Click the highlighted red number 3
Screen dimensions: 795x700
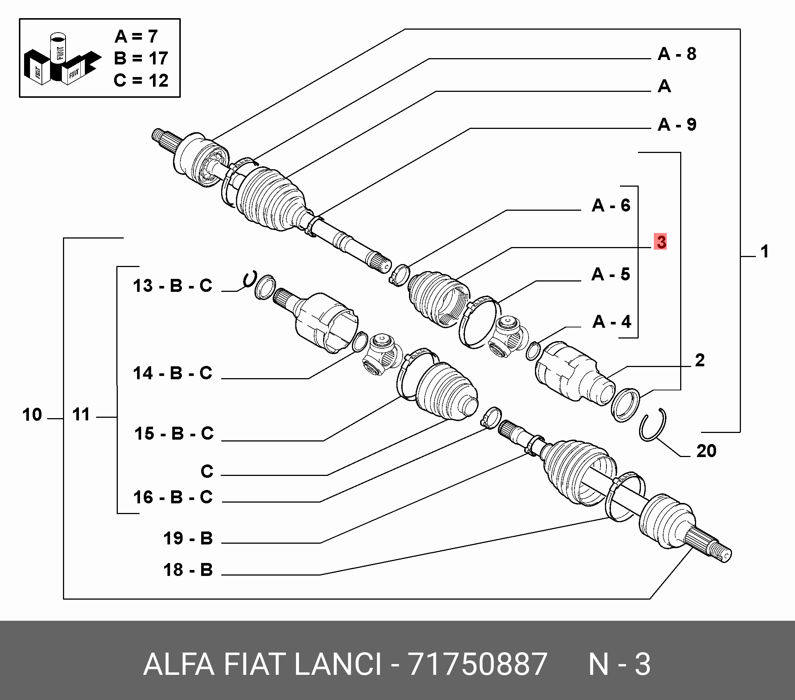click(x=661, y=242)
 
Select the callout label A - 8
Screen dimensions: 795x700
click(x=677, y=54)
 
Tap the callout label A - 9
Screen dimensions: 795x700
click(x=677, y=124)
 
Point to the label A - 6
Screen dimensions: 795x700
click(x=611, y=205)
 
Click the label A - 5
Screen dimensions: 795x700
click(x=611, y=274)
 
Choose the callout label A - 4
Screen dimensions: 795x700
click(x=611, y=321)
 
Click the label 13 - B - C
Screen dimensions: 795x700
click(x=173, y=286)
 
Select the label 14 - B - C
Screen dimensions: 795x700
click(x=173, y=373)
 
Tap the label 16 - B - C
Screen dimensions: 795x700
click(x=173, y=497)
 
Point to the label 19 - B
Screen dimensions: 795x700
click(x=188, y=539)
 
